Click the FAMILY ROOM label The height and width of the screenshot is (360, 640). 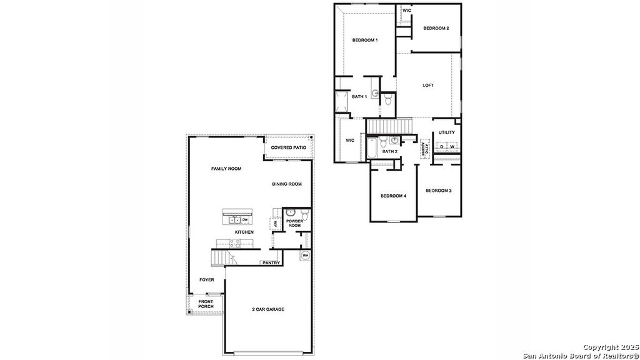click(226, 169)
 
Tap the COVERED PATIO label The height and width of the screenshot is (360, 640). click(288, 147)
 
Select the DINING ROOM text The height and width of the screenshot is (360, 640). click(287, 184)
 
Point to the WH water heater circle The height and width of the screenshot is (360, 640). click(306, 256)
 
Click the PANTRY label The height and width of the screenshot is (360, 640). click(271, 262)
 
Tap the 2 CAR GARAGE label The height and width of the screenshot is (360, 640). click(268, 309)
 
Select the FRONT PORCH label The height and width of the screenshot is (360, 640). click(206, 304)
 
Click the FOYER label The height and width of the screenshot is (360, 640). click(207, 280)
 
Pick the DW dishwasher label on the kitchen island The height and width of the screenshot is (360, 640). click(245, 220)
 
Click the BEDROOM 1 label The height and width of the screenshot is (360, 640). click(364, 40)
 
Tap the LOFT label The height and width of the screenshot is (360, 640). click(427, 86)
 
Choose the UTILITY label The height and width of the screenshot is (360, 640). click(446, 132)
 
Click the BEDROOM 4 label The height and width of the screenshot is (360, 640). click(394, 196)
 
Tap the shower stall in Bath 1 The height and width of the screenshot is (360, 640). click(342, 102)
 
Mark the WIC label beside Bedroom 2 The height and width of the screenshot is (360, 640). click(406, 11)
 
